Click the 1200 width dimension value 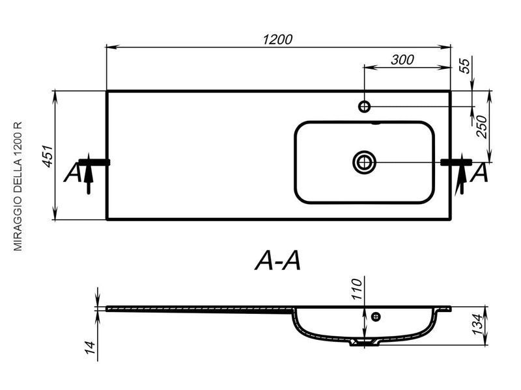pyautogui.click(x=278, y=40)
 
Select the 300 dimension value pyautogui.click(x=402, y=60)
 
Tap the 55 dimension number pyautogui.click(x=465, y=66)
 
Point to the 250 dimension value pyautogui.click(x=481, y=127)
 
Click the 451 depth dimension pyautogui.click(x=47, y=156)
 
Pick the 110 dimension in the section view pyautogui.click(x=356, y=289)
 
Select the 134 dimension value pyautogui.click(x=477, y=325)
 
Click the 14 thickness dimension pyautogui.click(x=91, y=347)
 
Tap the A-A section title pyautogui.click(x=278, y=261)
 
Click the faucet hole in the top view pyautogui.click(x=365, y=107)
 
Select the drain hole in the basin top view pyautogui.click(x=364, y=162)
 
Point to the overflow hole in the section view pyautogui.click(x=376, y=317)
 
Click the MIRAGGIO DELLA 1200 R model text pyautogui.click(x=18, y=187)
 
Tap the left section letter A pyautogui.click(x=72, y=172)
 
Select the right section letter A pyautogui.click(x=480, y=172)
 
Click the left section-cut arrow pyautogui.click(x=89, y=174)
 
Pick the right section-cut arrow pyautogui.click(x=462, y=174)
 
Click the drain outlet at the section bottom pyautogui.click(x=364, y=343)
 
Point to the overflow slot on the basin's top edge pyautogui.click(x=376, y=123)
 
